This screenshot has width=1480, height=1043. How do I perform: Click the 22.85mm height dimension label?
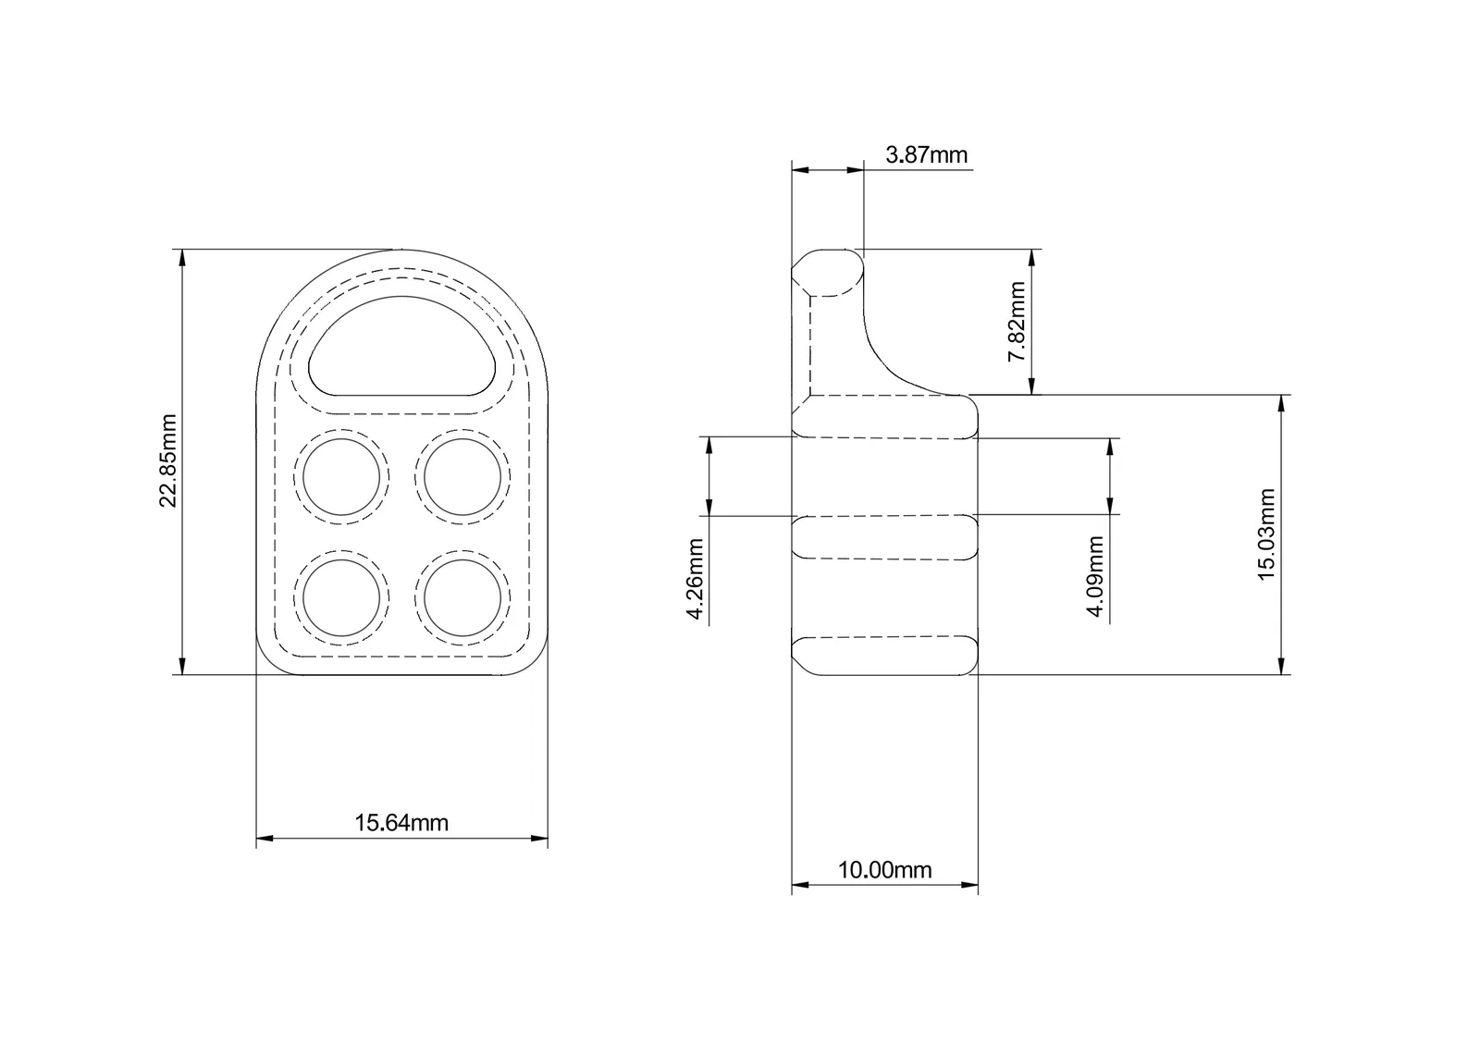[x=168, y=460]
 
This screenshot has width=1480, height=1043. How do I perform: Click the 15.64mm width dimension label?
[x=401, y=822]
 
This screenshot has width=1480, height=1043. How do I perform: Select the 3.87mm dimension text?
[x=926, y=154]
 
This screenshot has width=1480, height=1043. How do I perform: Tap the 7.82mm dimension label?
[x=1017, y=322]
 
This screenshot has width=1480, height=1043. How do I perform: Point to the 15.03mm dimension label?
[x=1266, y=534]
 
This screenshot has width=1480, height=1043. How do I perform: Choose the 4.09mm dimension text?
[x=1095, y=576]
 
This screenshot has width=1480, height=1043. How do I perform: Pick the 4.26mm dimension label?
[x=695, y=579]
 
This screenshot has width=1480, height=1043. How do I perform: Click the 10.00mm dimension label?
[x=884, y=870]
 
